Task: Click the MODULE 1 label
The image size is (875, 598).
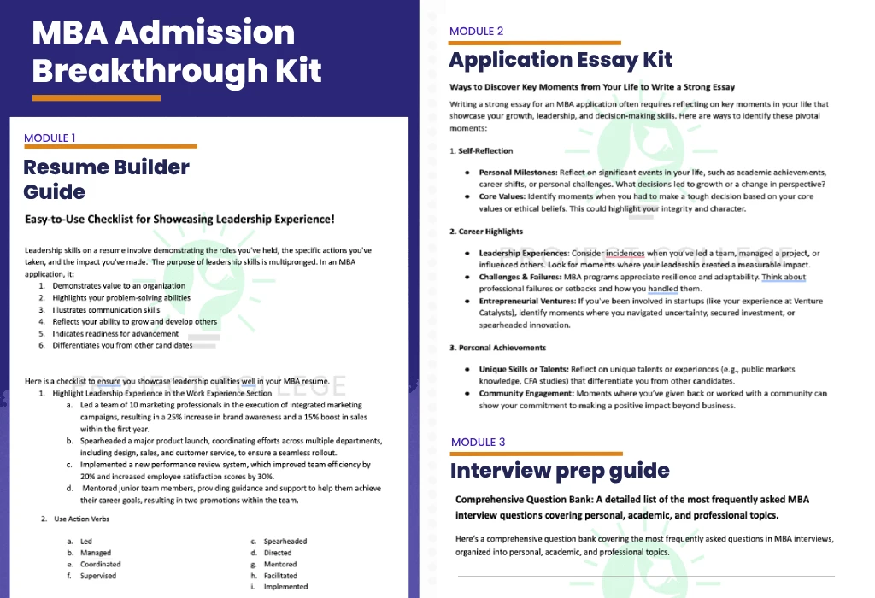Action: click(50, 138)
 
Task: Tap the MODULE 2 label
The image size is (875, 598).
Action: click(476, 32)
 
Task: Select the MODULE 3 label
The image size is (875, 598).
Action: click(478, 443)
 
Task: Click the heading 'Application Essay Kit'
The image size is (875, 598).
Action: click(561, 60)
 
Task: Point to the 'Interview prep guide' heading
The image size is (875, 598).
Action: click(560, 471)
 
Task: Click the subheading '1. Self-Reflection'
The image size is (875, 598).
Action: click(481, 151)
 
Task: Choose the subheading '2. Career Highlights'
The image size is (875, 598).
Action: click(486, 232)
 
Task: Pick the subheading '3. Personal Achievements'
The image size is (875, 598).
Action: click(497, 349)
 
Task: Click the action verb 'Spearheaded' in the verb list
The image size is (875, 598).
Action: click(285, 542)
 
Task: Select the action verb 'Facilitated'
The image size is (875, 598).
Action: click(281, 576)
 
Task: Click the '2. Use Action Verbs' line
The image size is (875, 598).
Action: click(78, 519)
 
